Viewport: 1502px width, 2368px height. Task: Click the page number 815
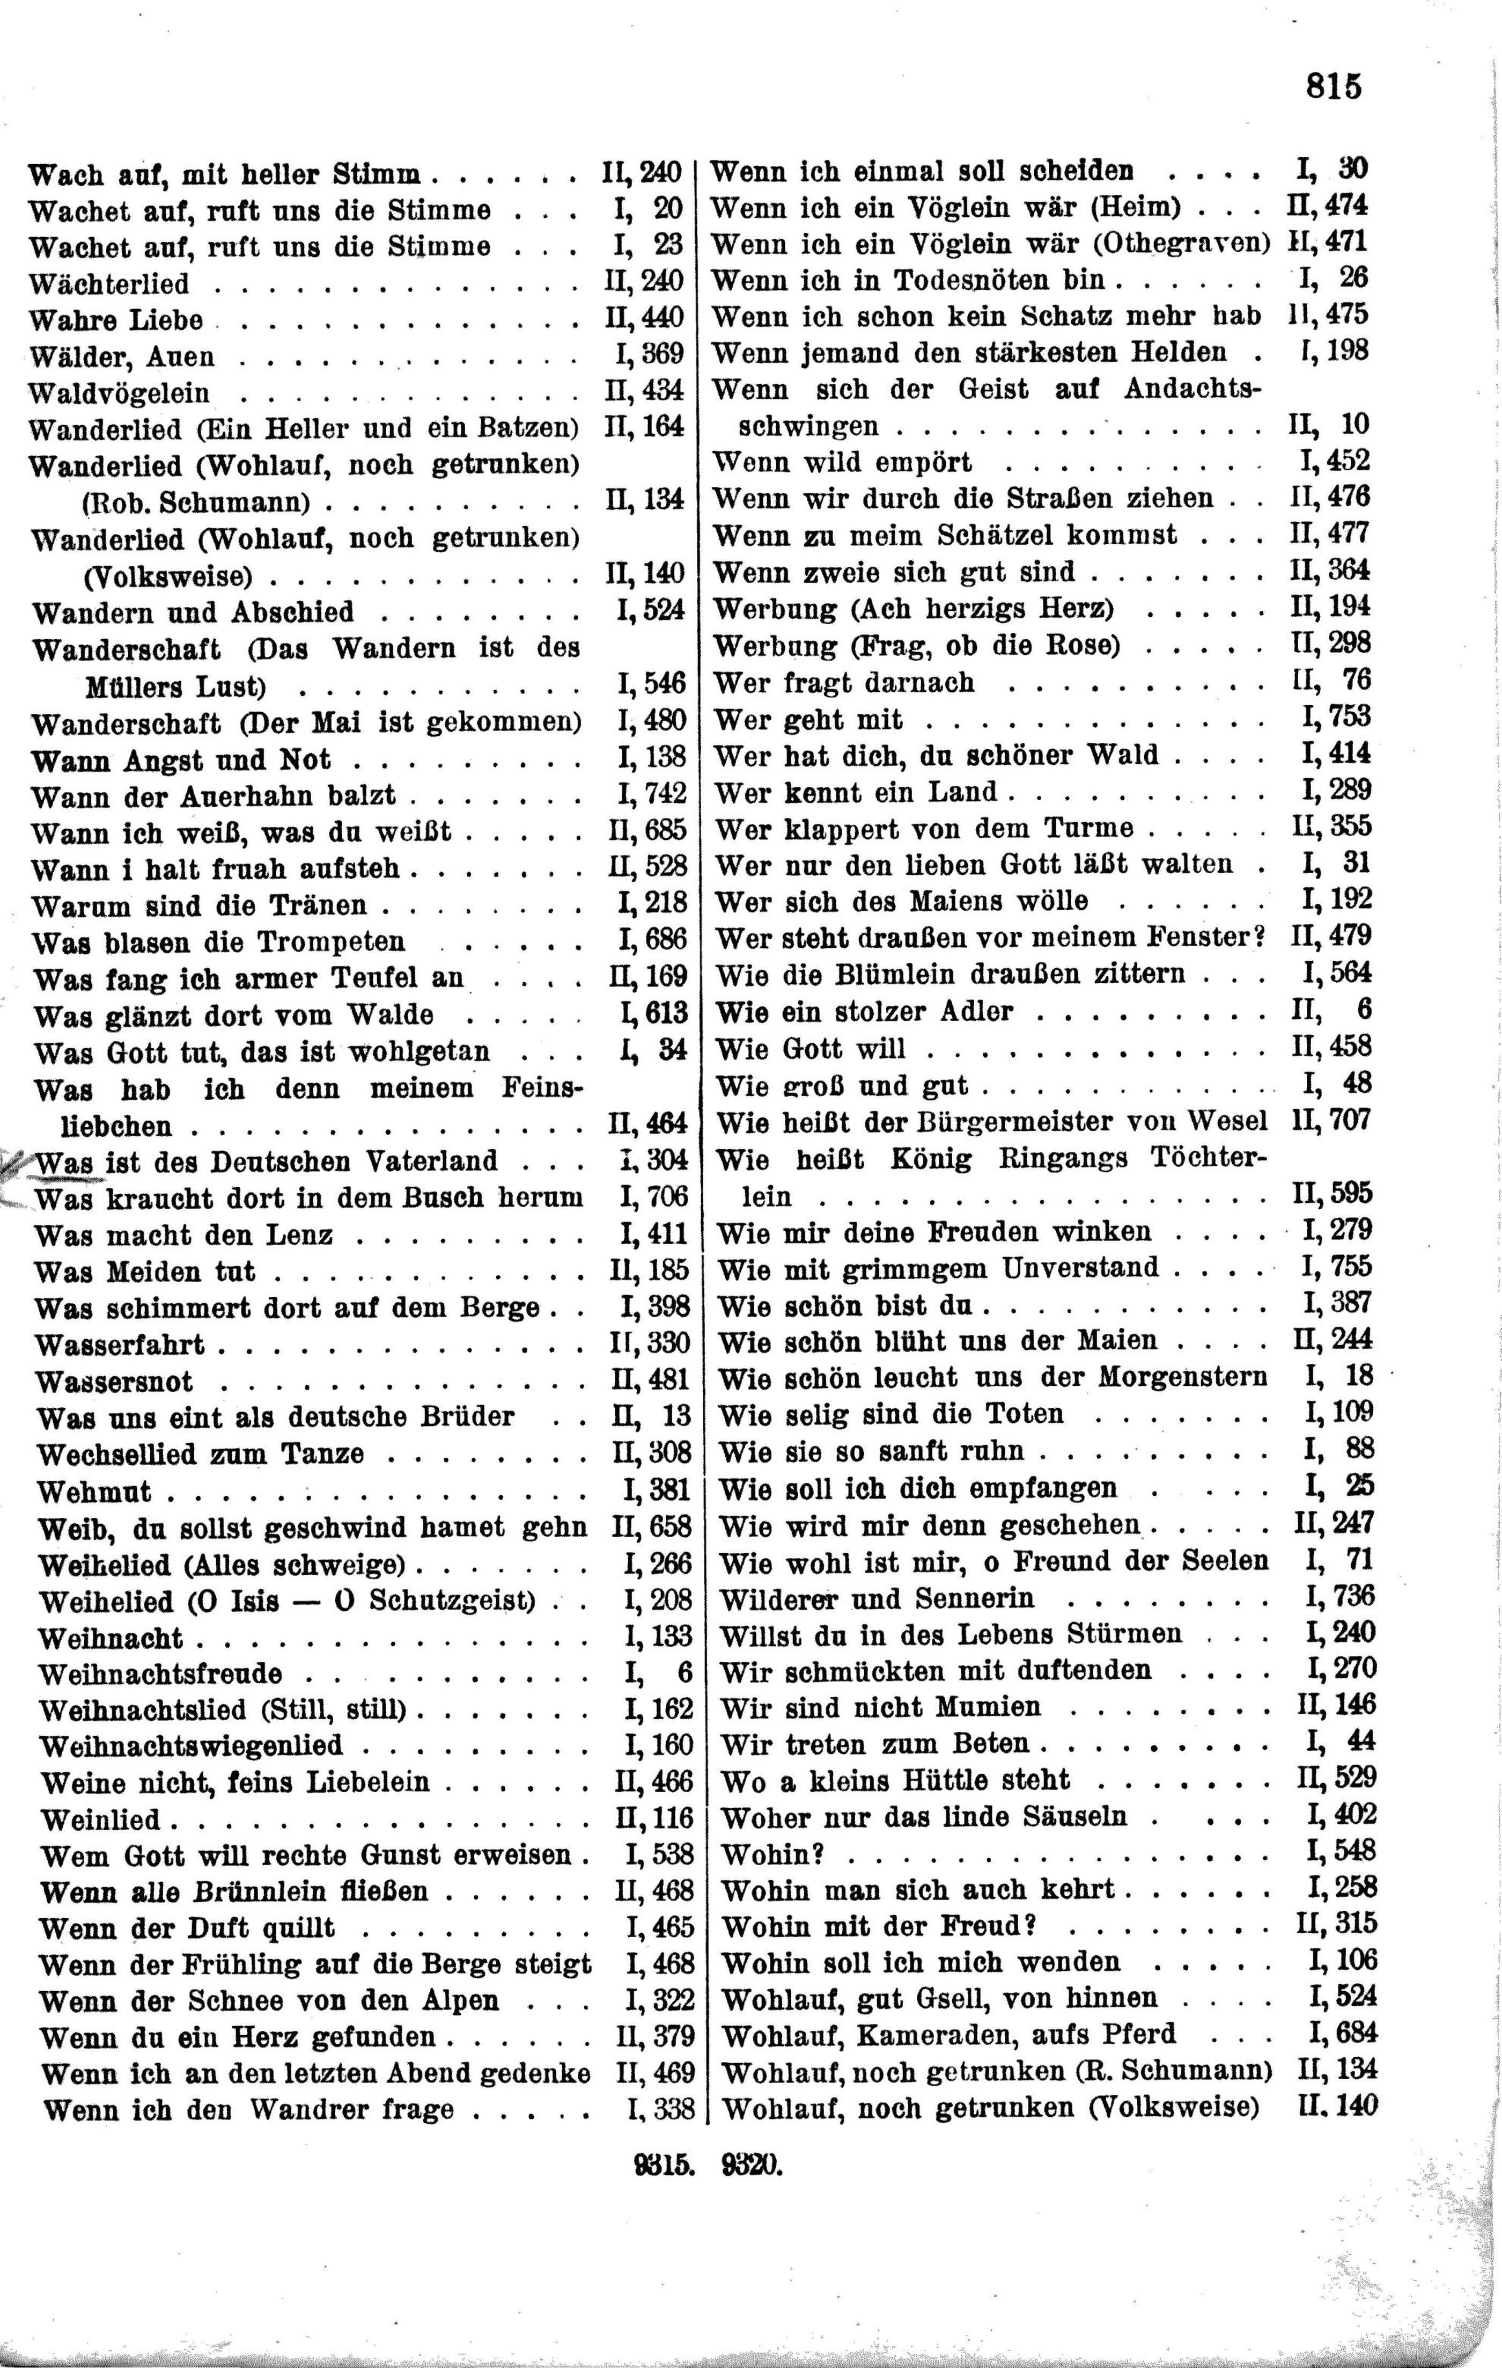coord(1334,87)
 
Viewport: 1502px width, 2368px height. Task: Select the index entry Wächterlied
coord(108,284)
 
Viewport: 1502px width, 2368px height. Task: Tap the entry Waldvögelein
coord(119,393)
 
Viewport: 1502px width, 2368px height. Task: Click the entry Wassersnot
coord(114,1382)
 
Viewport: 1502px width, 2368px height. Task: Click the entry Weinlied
coord(99,1819)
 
